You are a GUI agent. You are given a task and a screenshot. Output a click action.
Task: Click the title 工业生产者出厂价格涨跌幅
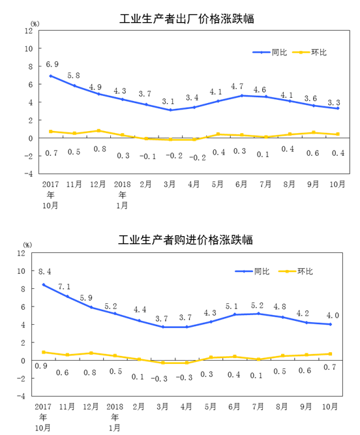click(187, 19)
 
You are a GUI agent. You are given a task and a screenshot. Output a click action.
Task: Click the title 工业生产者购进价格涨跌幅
click(186, 240)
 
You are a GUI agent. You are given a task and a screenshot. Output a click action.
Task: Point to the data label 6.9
click(52, 65)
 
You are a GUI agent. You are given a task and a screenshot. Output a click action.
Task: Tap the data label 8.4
click(44, 271)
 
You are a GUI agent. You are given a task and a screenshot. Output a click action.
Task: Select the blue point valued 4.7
click(242, 96)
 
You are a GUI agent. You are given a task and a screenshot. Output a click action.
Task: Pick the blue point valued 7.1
click(67, 297)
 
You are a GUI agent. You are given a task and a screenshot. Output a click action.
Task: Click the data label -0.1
click(147, 157)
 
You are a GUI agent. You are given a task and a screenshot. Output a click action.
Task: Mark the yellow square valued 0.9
click(44, 352)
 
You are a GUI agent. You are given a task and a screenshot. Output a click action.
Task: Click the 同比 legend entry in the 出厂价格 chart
click(269, 52)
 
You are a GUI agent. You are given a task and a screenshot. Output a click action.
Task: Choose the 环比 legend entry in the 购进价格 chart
click(295, 271)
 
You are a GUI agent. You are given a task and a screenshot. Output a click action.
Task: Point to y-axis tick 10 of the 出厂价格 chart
click(29, 48)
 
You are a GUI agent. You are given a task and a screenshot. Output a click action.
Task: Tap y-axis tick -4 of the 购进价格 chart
click(21, 396)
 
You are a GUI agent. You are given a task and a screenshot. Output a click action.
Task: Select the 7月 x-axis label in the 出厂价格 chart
click(265, 184)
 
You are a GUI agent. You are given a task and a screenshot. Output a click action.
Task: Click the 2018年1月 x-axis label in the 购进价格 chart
click(115, 417)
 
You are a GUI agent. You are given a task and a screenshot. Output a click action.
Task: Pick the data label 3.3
click(334, 102)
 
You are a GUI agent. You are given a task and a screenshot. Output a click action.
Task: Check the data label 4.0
click(333, 316)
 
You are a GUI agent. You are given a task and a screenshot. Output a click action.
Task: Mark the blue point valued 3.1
click(170, 110)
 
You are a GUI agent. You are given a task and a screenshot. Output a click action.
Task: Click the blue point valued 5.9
click(91, 307)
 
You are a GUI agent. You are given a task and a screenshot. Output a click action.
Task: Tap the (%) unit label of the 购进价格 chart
click(27, 245)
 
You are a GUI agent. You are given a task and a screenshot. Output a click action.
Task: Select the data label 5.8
click(74, 76)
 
